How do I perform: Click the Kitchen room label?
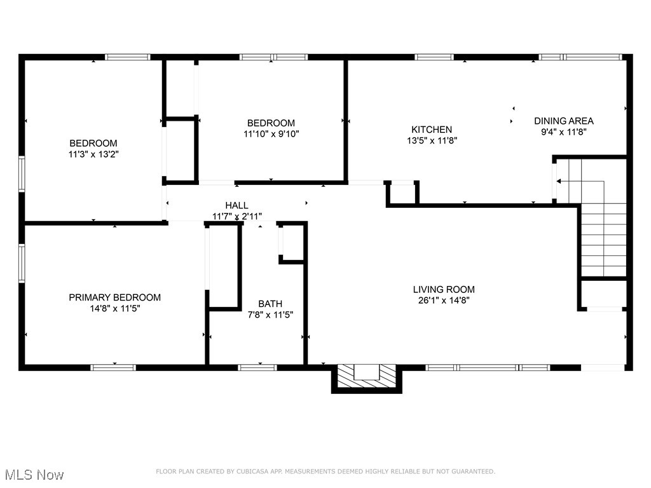(431, 129)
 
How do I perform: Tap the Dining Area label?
(563, 121)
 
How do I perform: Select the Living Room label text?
(444, 289)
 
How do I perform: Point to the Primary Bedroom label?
(114, 297)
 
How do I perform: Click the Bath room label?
(270, 304)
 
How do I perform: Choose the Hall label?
(236, 205)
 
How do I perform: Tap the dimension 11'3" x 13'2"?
(93, 154)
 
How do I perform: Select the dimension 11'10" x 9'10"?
(271, 133)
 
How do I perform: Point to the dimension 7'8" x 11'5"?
(270, 315)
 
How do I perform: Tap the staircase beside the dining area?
(603, 219)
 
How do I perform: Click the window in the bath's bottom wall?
(257, 367)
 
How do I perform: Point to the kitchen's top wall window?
(434, 57)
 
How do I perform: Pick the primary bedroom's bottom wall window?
(113, 367)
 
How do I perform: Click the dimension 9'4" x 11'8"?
(563, 132)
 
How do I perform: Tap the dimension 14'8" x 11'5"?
(114, 308)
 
